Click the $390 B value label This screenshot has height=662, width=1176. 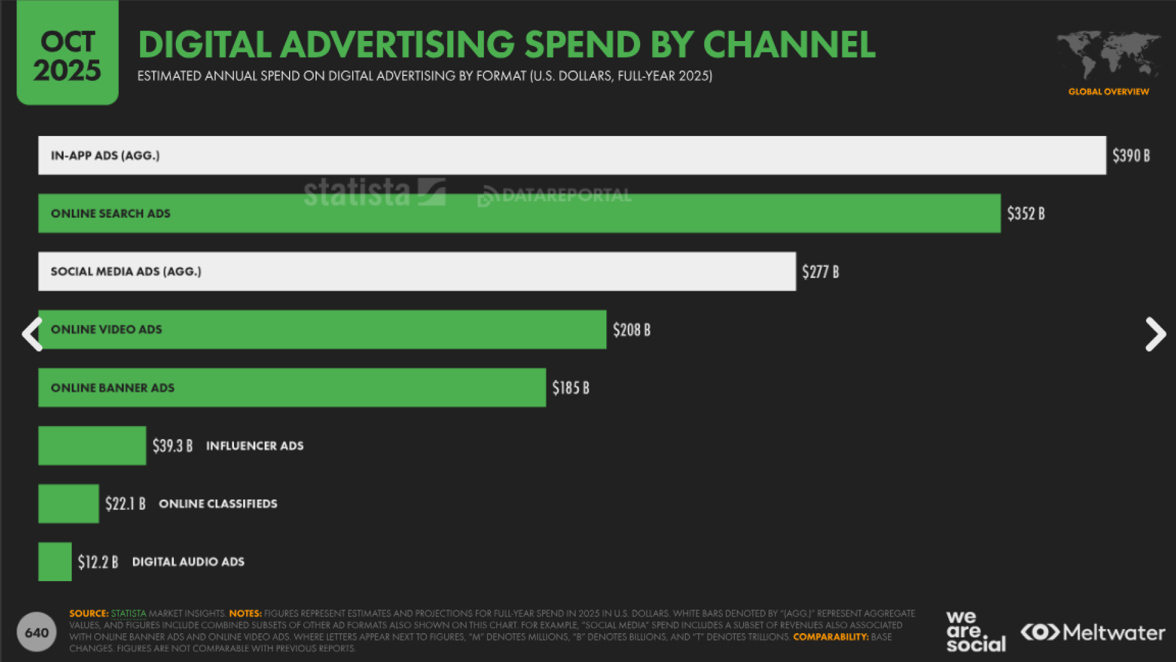(1131, 156)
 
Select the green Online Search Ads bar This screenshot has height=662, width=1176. (519, 213)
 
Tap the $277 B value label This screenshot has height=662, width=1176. (820, 272)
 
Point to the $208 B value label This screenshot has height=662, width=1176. (631, 330)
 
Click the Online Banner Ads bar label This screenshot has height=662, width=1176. (113, 388)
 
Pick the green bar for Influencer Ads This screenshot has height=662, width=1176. (92, 446)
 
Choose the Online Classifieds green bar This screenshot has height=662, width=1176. (69, 504)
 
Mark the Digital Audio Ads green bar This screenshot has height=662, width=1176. (55, 561)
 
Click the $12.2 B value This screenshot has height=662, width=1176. (98, 562)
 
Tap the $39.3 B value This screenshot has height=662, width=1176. (172, 446)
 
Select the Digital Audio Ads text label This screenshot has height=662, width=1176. (188, 561)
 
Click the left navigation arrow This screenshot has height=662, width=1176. (32, 334)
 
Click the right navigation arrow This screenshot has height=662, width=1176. (1155, 334)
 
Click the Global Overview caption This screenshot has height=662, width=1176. (1109, 92)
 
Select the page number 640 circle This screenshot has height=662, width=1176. (37, 632)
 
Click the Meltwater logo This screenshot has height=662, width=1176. (1093, 633)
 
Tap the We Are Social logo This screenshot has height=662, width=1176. (976, 631)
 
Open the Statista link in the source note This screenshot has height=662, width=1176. (129, 614)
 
